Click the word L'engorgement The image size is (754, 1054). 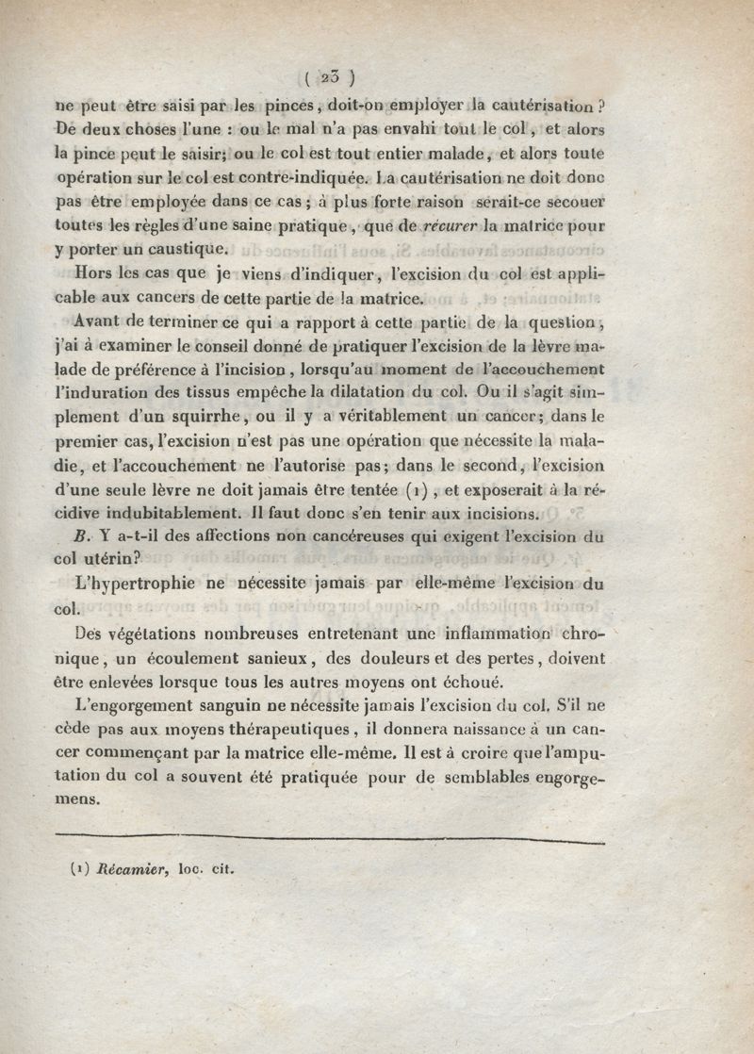coord(148,706)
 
